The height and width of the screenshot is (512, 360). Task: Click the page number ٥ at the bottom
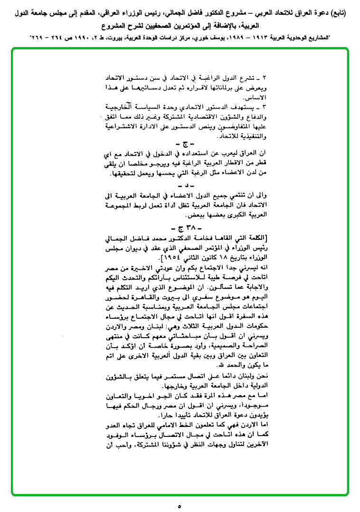pos(180,505)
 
